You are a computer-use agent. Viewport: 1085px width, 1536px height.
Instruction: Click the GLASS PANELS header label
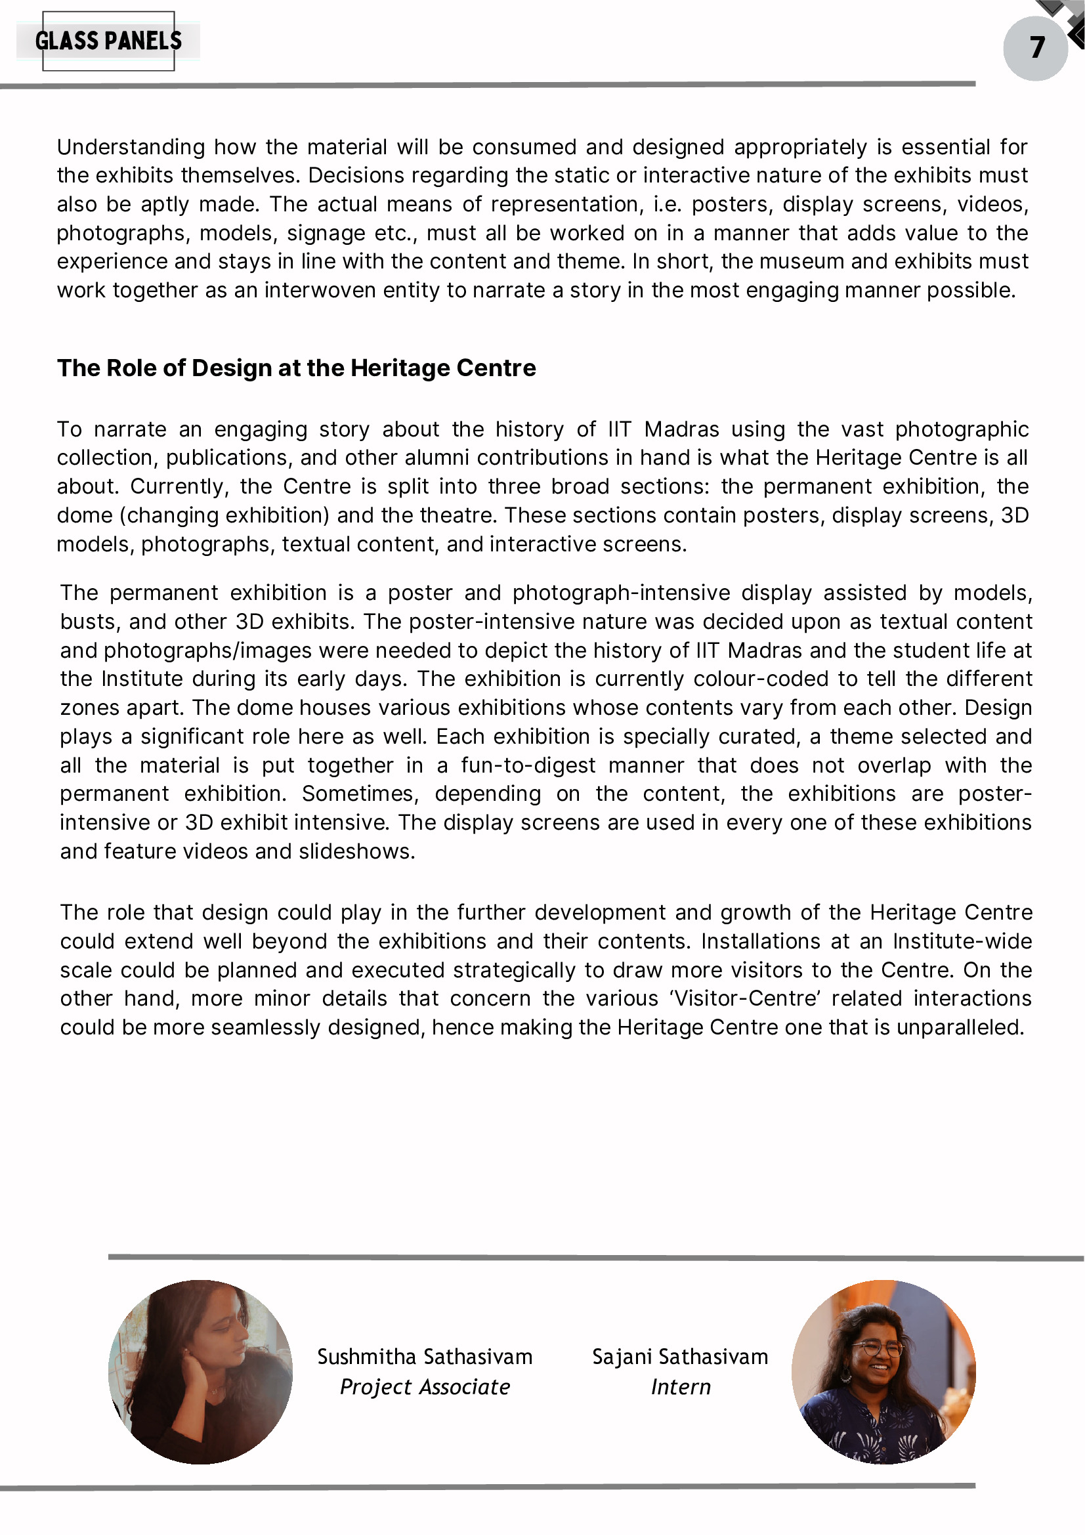click(x=108, y=41)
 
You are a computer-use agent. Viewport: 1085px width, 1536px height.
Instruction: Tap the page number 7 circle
click(x=1035, y=47)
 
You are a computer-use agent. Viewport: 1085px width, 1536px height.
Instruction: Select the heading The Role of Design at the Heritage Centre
click(x=296, y=368)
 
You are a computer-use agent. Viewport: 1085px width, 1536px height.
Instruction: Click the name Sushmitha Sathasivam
click(x=425, y=1357)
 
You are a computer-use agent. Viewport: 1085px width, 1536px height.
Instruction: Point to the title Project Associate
click(x=425, y=1387)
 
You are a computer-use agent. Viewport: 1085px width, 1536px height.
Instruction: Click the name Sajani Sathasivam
click(x=679, y=1357)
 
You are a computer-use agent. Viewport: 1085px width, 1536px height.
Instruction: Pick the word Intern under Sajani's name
click(x=680, y=1387)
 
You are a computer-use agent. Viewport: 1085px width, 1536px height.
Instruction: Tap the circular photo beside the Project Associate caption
click(x=200, y=1371)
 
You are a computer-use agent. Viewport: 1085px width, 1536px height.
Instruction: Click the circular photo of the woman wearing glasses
click(x=883, y=1371)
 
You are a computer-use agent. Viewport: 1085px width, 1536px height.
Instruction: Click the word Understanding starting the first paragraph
click(x=131, y=147)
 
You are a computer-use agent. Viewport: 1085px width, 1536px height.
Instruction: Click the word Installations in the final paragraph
click(x=760, y=941)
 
